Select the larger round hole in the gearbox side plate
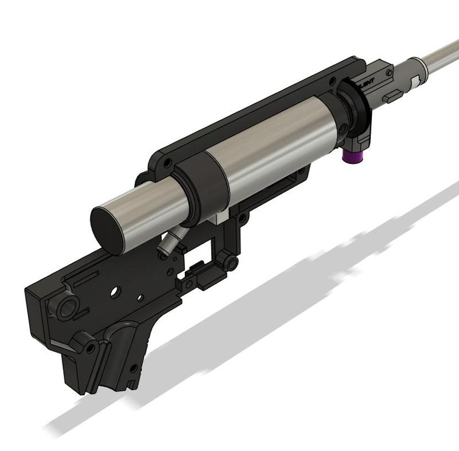click(x=116, y=291)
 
